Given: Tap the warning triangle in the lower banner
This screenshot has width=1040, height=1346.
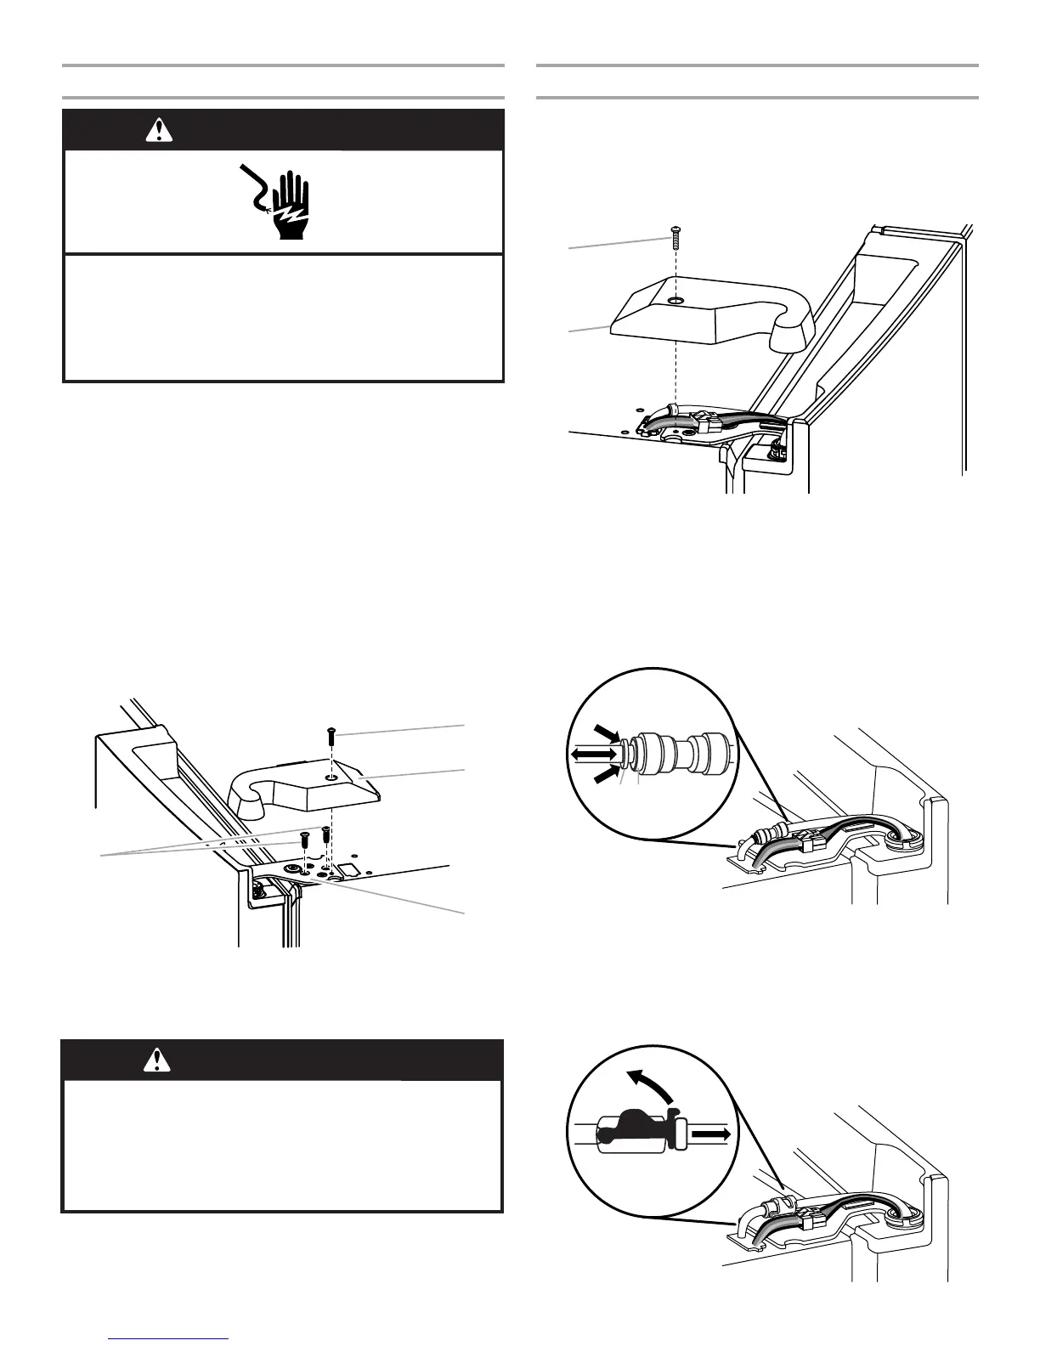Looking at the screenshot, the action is [158, 1060].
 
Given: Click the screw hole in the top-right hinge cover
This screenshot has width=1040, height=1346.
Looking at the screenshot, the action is [675, 300].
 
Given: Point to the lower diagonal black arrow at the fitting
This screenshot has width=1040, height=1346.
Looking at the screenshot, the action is [606, 775].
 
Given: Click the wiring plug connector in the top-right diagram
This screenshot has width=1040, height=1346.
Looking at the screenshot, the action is [705, 419].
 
